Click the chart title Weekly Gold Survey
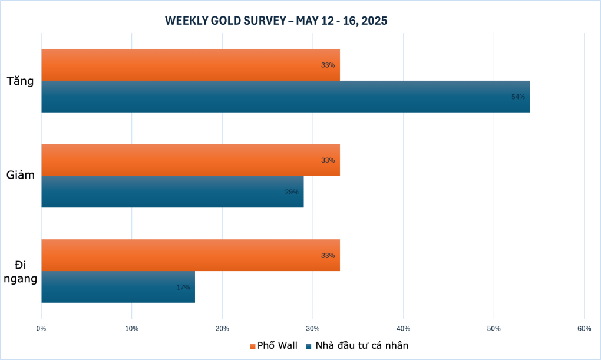[276, 21]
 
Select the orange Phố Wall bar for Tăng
[190, 65]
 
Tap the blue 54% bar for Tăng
[285, 97]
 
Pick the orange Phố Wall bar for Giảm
[190, 160]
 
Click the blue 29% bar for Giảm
[172, 192]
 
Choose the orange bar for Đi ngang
[190, 255]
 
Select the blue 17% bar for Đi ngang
[118, 287]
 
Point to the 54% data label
[518, 97]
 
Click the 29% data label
[292, 192]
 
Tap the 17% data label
[183, 287]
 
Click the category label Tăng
[20, 81]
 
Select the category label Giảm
[20, 176]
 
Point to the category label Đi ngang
[20, 271]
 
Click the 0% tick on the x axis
[41, 328]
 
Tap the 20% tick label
[222, 328]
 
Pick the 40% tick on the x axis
[403, 328]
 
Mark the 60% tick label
[584, 328]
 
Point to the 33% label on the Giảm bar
[328, 160]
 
